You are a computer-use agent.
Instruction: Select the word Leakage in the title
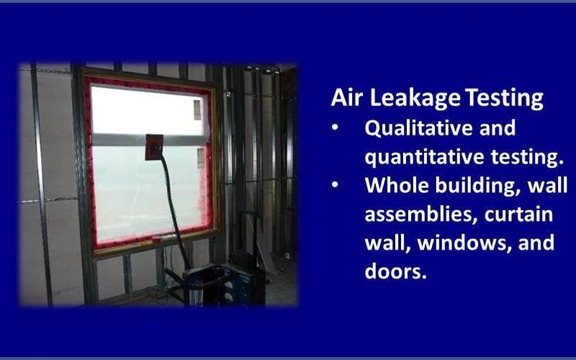pyautogui.click(x=415, y=99)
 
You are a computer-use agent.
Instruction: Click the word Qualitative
pyautogui.click(x=418, y=128)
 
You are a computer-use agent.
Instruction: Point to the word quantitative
pyautogui.click(x=425, y=157)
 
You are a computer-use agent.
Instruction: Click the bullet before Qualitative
pyautogui.click(x=335, y=128)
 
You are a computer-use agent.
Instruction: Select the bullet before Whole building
pyautogui.click(x=335, y=185)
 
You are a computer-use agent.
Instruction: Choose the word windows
pyautogui.click(x=464, y=243)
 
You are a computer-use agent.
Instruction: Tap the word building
pyautogui.click(x=478, y=186)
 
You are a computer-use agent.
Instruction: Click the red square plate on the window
pyautogui.click(x=154, y=147)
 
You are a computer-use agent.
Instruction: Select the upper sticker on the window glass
pyautogui.click(x=197, y=110)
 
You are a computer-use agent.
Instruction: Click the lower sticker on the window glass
pyautogui.click(x=201, y=158)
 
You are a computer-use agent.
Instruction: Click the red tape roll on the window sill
pyautogui.click(x=157, y=239)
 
